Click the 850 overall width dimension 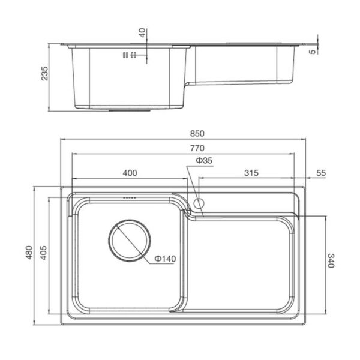(x=197, y=134)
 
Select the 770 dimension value (x=197, y=148)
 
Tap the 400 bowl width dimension (x=130, y=173)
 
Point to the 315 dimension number (x=251, y=173)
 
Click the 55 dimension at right (x=321, y=173)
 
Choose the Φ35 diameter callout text (x=204, y=160)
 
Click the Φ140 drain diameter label (x=165, y=259)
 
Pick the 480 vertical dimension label (x=29, y=253)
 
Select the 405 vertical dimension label (x=44, y=253)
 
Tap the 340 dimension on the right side (x=330, y=260)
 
